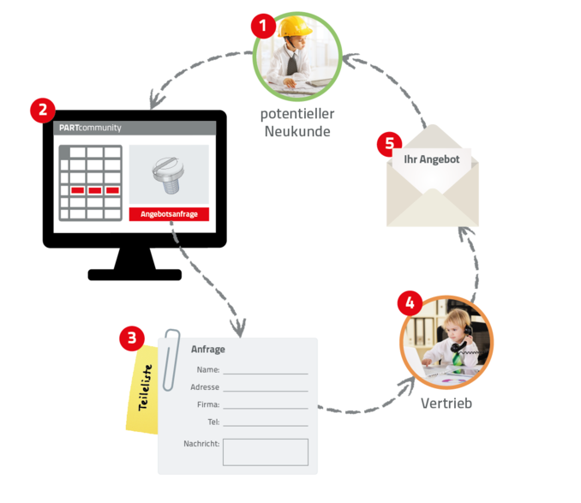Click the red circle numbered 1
(x=264, y=26)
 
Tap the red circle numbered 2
(x=42, y=111)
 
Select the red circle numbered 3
(x=131, y=338)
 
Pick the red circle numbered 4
(x=410, y=303)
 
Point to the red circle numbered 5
(x=389, y=143)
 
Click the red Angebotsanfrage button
(x=169, y=214)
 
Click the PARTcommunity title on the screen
(x=90, y=128)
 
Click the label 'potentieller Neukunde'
(x=297, y=123)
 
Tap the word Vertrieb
(x=446, y=402)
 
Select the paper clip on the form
(x=172, y=346)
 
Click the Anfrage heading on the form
(x=208, y=350)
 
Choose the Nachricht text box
(x=265, y=452)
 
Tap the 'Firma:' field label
(x=208, y=404)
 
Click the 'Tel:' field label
(x=213, y=422)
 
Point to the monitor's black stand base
(x=135, y=274)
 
